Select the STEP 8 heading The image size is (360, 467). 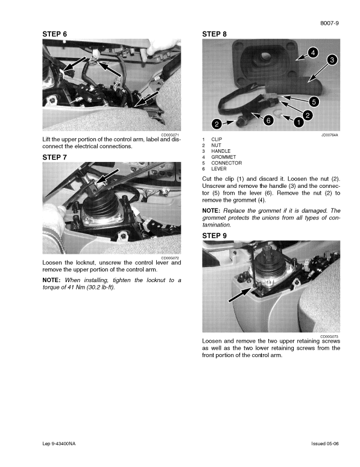[x=215, y=34]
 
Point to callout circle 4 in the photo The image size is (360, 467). [x=312, y=52]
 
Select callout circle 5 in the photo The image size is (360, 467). [x=314, y=101]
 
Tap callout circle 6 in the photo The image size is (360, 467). [x=269, y=119]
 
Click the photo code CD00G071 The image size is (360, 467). [x=170, y=135]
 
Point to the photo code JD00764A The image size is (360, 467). [x=329, y=135]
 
